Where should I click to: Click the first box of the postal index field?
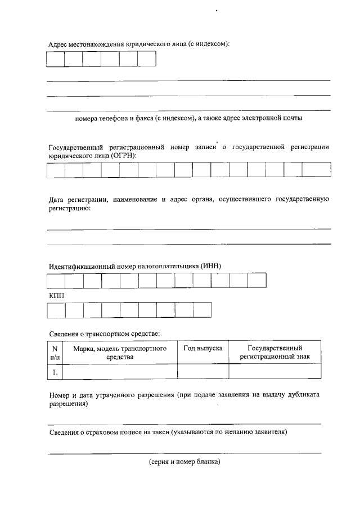[55, 59]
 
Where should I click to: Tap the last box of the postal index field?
[146, 59]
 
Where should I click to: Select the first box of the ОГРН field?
[56, 169]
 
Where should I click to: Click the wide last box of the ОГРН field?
[316, 169]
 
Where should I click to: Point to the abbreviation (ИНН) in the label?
[218, 266]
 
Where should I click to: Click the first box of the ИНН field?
[56, 280]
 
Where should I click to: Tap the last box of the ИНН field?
[256, 280]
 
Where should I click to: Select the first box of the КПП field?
[56, 310]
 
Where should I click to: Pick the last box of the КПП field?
[201, 310]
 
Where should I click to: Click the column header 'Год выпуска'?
[203, 349]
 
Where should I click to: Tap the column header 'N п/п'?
[55, 352]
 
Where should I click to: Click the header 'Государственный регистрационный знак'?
[274, 352]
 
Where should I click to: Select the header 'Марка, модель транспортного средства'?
[120, 352]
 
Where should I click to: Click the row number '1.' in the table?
[55, 371]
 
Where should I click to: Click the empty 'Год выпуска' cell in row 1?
[203, 371]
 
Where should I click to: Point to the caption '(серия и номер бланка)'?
[184, 462]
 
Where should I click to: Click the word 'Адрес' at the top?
[58, 44]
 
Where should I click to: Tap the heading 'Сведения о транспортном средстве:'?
[105, 334]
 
